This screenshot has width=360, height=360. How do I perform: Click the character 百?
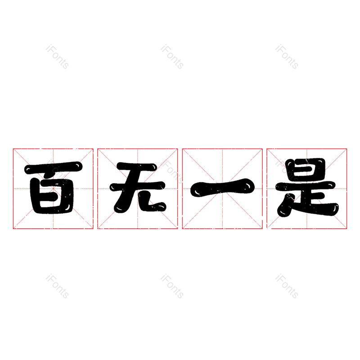click(x=53, y=188)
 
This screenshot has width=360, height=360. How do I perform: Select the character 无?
click(x=138, y=187)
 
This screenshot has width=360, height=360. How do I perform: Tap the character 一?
click(x=222, y=187)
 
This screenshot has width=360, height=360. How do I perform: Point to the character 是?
click(x=307, y=187)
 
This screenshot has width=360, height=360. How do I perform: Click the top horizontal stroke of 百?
click(x=53, y=167)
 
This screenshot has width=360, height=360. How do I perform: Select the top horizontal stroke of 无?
click(x=137, y=167)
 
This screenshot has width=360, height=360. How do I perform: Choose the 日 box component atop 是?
click(x=306, y=169)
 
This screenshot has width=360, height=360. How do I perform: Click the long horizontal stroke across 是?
click(x=306, y=186)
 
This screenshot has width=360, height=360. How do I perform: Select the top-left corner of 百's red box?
click(x=13, y=149)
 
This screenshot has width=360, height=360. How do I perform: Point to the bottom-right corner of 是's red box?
click(x=346, y=229)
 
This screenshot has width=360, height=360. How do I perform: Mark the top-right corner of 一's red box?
click(x=262, y=149)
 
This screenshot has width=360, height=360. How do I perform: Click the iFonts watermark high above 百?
click(x=58, y=57)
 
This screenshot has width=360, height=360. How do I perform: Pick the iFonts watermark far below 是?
click(x=287, y=286)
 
